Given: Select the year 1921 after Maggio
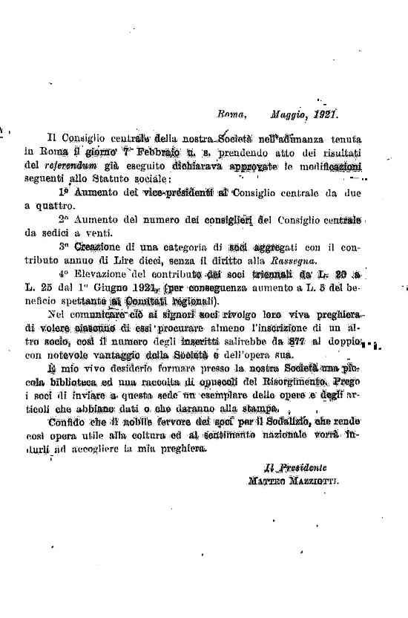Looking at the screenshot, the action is (326, 116).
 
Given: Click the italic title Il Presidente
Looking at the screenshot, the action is (297, 468).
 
